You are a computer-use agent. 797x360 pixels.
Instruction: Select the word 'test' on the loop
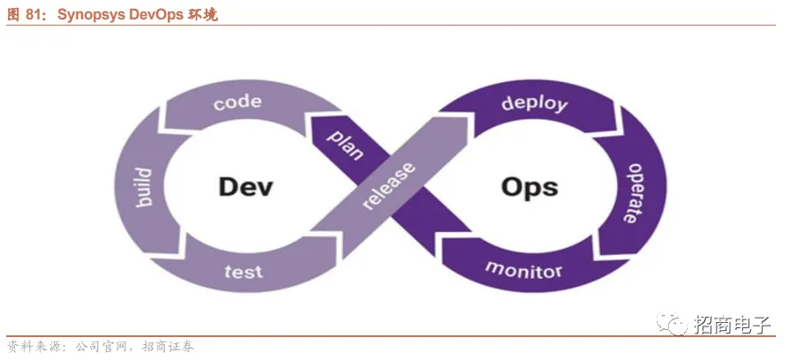click(243, 271)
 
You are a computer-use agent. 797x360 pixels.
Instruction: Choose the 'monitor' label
click(523, 269)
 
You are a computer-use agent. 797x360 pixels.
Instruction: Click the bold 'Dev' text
click(244, 187)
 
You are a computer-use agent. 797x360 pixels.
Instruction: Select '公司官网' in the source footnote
click(101, 347)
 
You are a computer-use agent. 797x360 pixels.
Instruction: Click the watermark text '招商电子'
click(733, 325)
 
